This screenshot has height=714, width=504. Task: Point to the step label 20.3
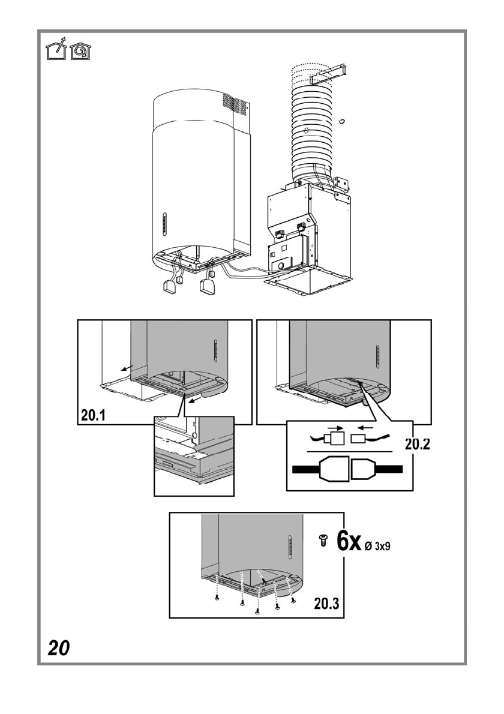click(x=326, y=604)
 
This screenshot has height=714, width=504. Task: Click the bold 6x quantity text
click(x=348, y=541)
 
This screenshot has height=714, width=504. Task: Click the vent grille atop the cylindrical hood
click(x=235, y=105)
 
